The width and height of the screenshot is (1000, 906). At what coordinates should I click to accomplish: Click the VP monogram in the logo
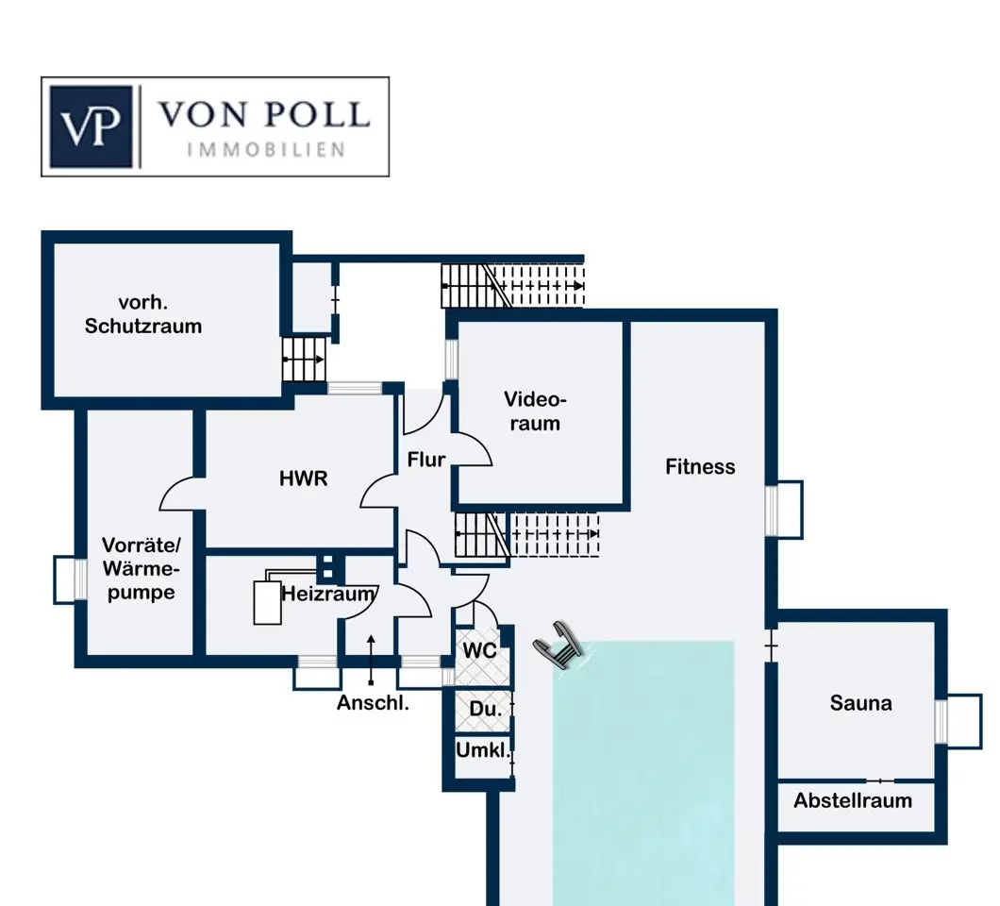click(x=91, y=126)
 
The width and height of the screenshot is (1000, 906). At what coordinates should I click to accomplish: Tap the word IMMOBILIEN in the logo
click(x=266, y=150)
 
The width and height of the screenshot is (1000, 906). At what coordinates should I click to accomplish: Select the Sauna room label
click(x=860, y=703)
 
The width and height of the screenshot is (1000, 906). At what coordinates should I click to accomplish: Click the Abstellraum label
click(x=853, y=800)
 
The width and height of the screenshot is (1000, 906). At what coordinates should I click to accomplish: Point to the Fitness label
click(x=700, y=466)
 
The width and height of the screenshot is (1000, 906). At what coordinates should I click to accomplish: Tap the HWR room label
click(x=304, y=478)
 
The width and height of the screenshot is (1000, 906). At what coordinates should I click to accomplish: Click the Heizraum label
click(x=328, y=594)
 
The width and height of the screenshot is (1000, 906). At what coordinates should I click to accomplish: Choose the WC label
click(x=479, y=651)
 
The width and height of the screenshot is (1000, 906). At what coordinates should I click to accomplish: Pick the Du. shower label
click(x=485, y=709)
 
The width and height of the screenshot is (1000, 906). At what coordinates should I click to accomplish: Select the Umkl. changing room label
click(x=483, y=749)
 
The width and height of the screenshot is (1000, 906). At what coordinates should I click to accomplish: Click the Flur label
click(x=426, y=460)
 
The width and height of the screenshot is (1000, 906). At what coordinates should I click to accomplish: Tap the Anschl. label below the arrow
click(x=373, y=702)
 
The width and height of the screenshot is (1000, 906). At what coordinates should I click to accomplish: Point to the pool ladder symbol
click(x=558, y=645)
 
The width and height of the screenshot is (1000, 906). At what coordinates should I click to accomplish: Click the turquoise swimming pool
click(x=642, y=773)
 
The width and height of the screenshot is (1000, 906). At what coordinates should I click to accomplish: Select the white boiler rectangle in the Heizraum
click(x=267, y=602)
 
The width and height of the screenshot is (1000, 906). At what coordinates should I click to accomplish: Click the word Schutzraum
click(x=143, y=326)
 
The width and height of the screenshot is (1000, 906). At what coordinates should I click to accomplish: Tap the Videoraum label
click(x=535, y=411)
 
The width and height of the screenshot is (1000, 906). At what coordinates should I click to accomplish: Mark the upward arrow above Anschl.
click(x=371, y=660)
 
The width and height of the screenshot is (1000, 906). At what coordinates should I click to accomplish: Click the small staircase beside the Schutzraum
click(x=304, y=360)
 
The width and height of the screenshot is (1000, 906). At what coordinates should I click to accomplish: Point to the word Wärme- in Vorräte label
click(x=141, y=568)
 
